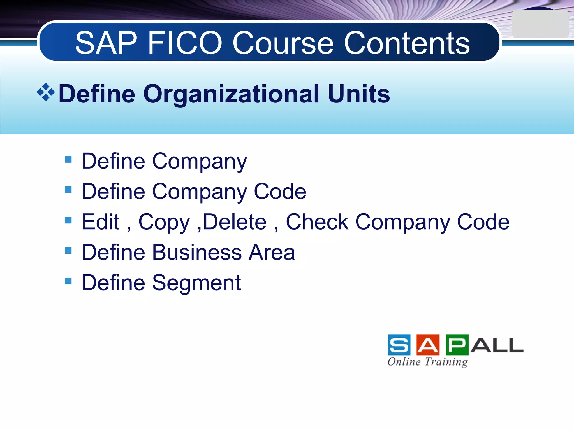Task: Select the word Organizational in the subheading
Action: [x=231, y=94]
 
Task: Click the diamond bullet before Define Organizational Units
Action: [x=46, y=92]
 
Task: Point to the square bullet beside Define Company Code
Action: [x=68, y=190]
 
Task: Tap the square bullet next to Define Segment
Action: [x=68, y=281]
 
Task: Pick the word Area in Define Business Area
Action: [x=272, y=252]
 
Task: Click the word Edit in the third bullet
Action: [x=101, y=222]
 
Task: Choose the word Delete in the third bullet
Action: [x=235, y=222]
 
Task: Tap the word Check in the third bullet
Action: [x=317, y=222]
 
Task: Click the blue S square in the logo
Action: [x=399, y=345]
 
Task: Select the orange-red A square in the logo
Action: [x=428, y=345]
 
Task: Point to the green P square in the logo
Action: [x=457, y=345]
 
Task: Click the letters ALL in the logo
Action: [x=497, y=345]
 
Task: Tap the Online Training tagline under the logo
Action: [x=428, y=362]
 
